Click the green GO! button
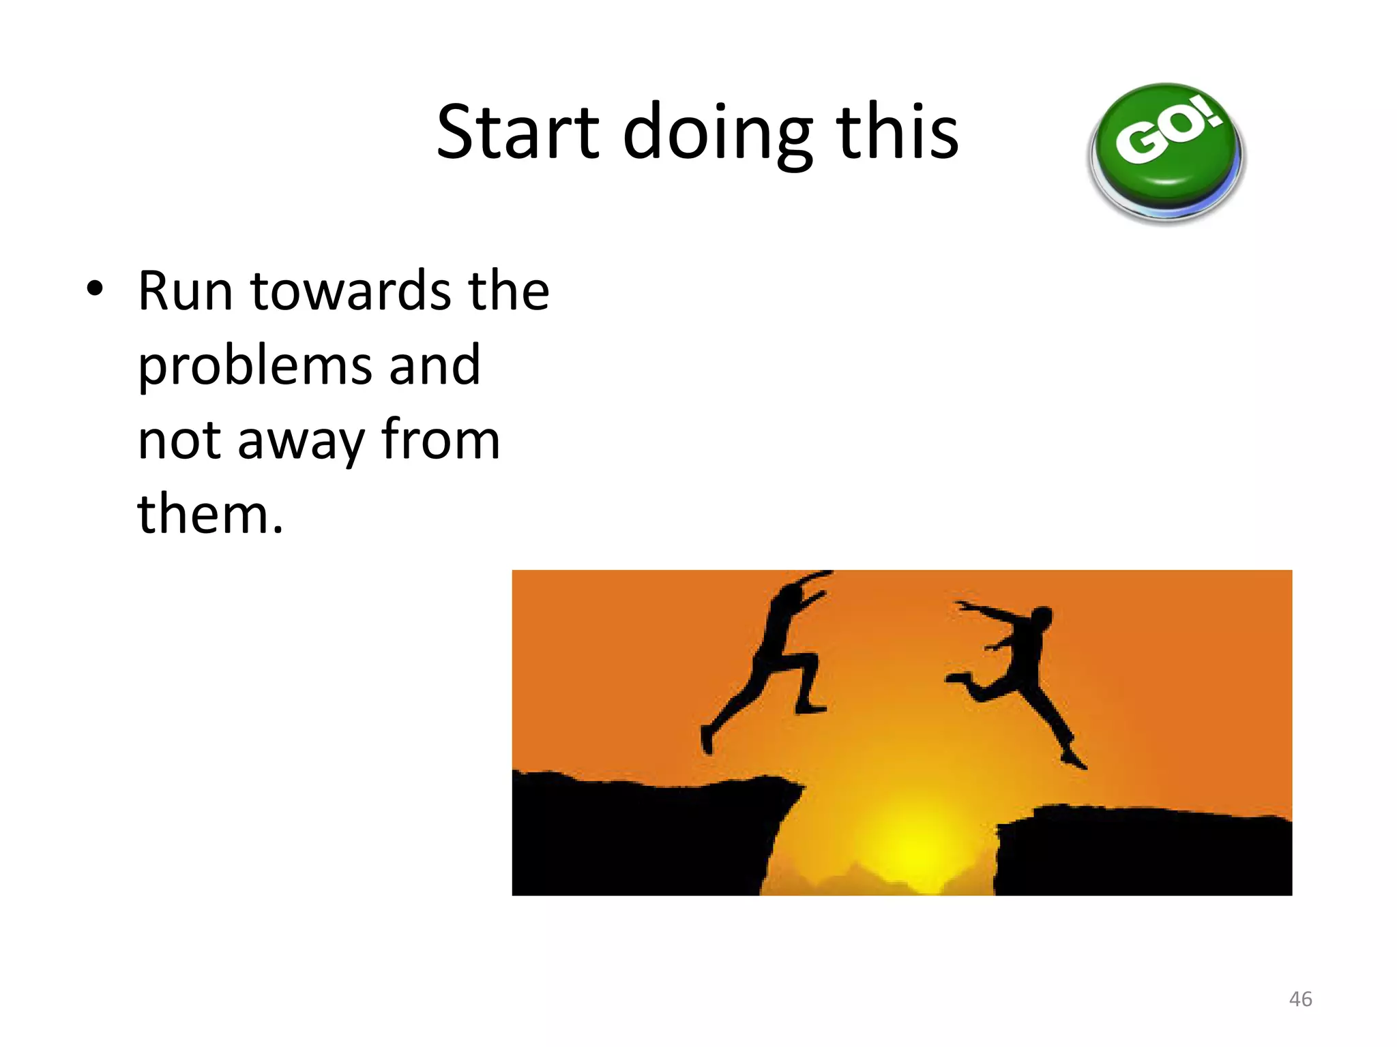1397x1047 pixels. (1166, 150)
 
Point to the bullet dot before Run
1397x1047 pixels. (95, 289)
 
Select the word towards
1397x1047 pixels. (351, 291)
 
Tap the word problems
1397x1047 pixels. (255, 366)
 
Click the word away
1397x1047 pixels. (301, 441)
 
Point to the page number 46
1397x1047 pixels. (1300, 999)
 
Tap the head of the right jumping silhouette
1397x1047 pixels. (1041, 619)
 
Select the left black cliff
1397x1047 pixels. (634, 838)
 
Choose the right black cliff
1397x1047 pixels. (1146, 852)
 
